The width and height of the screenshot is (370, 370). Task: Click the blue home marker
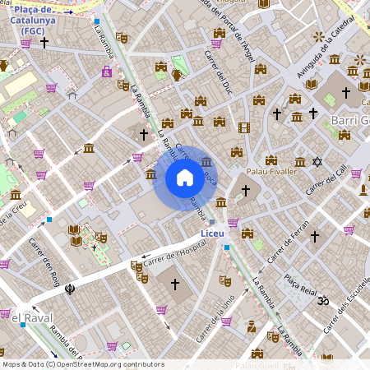point(184,178)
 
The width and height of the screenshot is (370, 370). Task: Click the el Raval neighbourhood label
point(21,316)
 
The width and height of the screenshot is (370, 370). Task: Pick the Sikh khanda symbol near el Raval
point(71,289)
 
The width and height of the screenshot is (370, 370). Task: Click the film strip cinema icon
point(243,127)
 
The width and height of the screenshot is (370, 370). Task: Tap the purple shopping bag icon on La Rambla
point(107,72)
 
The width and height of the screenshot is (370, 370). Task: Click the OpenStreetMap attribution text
point(82,363)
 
